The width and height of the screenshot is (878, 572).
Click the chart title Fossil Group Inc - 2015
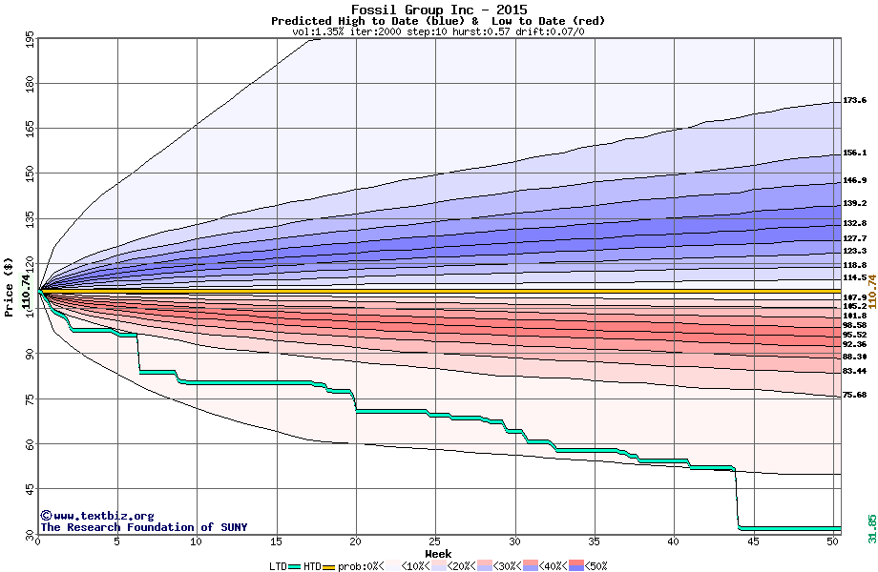pos(438,10)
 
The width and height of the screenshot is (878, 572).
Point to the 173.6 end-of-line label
pos(854,100)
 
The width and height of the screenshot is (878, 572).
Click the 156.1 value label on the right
pos(854,153)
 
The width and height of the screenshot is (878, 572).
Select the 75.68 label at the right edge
pos(854,395)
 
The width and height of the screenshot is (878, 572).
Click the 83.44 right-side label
pos(854,371)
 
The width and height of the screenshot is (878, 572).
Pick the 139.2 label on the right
pos(854,203)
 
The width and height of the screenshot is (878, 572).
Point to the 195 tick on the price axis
pos(30,40)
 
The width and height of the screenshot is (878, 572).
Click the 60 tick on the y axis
pos(30,444)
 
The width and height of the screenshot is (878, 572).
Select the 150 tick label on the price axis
pos(30,174)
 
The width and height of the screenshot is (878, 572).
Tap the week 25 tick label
pos(434,541)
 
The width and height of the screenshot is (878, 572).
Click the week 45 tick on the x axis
pos(753,541)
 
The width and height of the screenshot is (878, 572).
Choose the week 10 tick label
pos(196,541)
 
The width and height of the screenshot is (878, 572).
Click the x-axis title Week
pos(438,553)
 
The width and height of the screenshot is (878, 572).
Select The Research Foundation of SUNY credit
pos(143,527)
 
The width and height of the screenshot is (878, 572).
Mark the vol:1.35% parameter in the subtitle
pos(322,31)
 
